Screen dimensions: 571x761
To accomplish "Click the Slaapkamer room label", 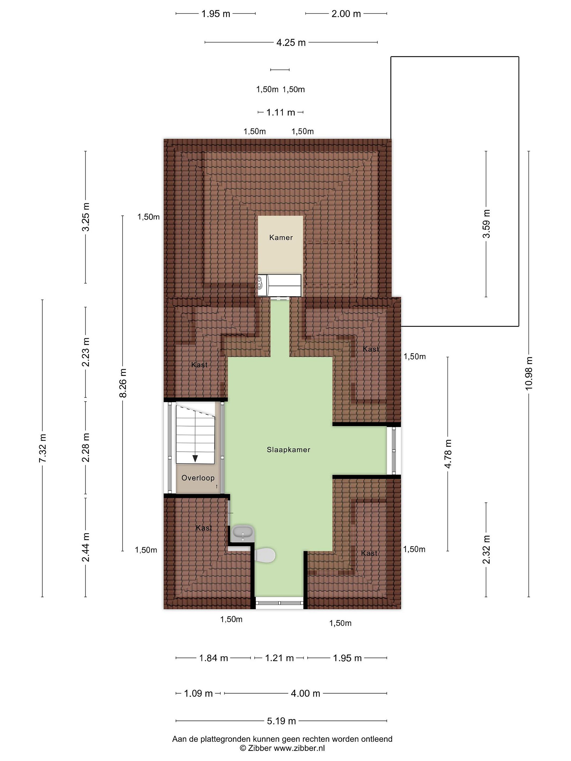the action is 288,450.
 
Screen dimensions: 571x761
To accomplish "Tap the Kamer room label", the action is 281,237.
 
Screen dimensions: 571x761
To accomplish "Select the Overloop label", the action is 198,478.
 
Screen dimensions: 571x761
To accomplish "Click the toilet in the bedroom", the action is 265,555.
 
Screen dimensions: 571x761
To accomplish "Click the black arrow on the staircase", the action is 195,458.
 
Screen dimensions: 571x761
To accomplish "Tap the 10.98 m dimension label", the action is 529,373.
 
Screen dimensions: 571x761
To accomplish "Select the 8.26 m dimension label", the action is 123,383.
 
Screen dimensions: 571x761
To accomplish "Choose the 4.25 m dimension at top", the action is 291,43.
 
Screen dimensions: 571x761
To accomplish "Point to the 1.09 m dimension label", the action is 198,693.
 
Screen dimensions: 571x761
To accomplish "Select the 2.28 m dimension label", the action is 86,447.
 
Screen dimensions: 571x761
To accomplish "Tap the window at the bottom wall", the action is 279,603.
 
